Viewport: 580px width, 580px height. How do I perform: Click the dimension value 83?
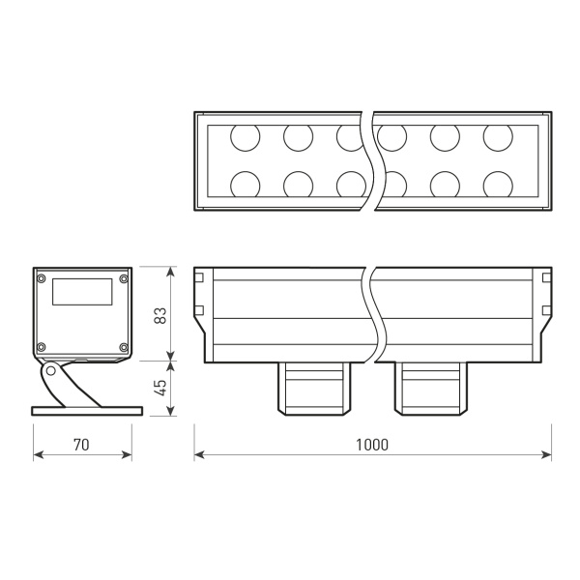pos(161,314)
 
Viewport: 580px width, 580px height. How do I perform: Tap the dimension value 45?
pos(161,387)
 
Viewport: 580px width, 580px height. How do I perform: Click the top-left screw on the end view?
pos(41,279)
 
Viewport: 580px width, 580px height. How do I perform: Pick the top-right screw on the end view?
pos(123,279)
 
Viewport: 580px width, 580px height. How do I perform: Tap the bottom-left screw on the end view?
pos(41,347)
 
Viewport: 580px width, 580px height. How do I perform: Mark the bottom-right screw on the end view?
pos(123,347)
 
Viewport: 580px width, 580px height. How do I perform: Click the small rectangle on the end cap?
pos(81,292)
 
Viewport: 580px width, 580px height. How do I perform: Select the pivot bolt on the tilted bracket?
pos(49,370)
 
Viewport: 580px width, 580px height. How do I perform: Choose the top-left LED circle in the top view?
pos(245,138)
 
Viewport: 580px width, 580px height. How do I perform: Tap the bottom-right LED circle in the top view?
pos(498,183)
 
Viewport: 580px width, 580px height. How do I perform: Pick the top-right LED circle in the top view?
pos(498,138)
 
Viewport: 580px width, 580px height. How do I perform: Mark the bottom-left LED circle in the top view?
pos(245,183)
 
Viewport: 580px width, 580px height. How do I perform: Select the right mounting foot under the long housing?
pos(431,388)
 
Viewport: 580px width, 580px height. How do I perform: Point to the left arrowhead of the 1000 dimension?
pos(198,454)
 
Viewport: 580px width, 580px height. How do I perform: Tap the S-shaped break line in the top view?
pos(368,161)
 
